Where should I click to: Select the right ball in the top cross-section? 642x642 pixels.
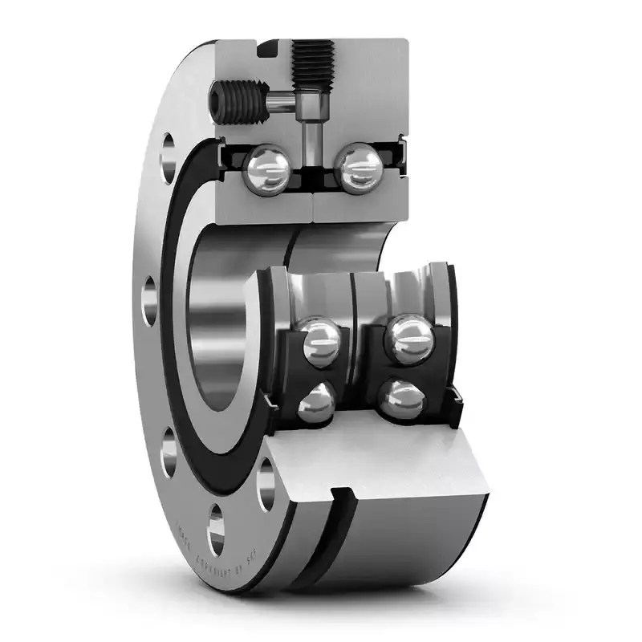coord(356,167)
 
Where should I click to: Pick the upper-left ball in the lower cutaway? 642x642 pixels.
coord(320,342)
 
